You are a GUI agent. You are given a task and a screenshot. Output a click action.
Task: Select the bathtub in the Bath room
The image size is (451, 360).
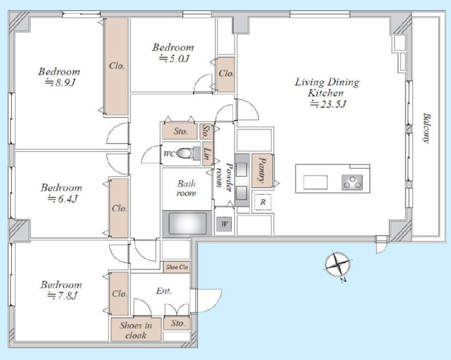tap(187, 223)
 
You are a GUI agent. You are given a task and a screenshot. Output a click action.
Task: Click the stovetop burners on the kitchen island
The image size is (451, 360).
tap(352, 182)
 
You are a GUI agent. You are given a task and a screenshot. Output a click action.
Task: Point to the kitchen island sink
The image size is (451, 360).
tap(315, 182)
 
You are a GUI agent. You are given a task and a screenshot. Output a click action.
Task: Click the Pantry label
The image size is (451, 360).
tap(261, 170)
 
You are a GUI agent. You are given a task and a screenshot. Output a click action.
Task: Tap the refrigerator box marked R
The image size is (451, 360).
tap(262, 202)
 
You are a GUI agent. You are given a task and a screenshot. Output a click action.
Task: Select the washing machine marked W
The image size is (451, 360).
tap(224, 224)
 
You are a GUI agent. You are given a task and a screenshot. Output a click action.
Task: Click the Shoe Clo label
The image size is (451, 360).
tap(176, 267)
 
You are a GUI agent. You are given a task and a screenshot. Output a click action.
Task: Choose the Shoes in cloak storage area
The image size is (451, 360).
tap(136, 330)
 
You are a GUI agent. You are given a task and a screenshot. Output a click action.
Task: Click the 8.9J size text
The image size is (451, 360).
tap(60, 83)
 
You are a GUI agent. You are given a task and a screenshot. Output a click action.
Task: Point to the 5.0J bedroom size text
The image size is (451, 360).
tap(174, 59)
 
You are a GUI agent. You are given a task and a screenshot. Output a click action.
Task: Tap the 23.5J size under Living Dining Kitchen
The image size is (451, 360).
tap(328, 104)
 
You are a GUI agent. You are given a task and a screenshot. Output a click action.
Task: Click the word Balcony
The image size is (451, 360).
tap(426, 128)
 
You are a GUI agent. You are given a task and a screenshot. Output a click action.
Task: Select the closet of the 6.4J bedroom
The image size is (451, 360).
tap(120, 208)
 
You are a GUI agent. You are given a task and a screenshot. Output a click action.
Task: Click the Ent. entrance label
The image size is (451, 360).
tap(164, 291)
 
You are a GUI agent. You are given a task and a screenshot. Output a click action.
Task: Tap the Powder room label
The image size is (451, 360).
tap(225, 178)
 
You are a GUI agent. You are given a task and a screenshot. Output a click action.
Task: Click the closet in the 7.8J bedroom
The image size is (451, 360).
tap(120, 294)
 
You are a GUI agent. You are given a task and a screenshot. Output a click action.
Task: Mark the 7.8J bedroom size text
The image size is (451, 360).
tap(62, 296)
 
